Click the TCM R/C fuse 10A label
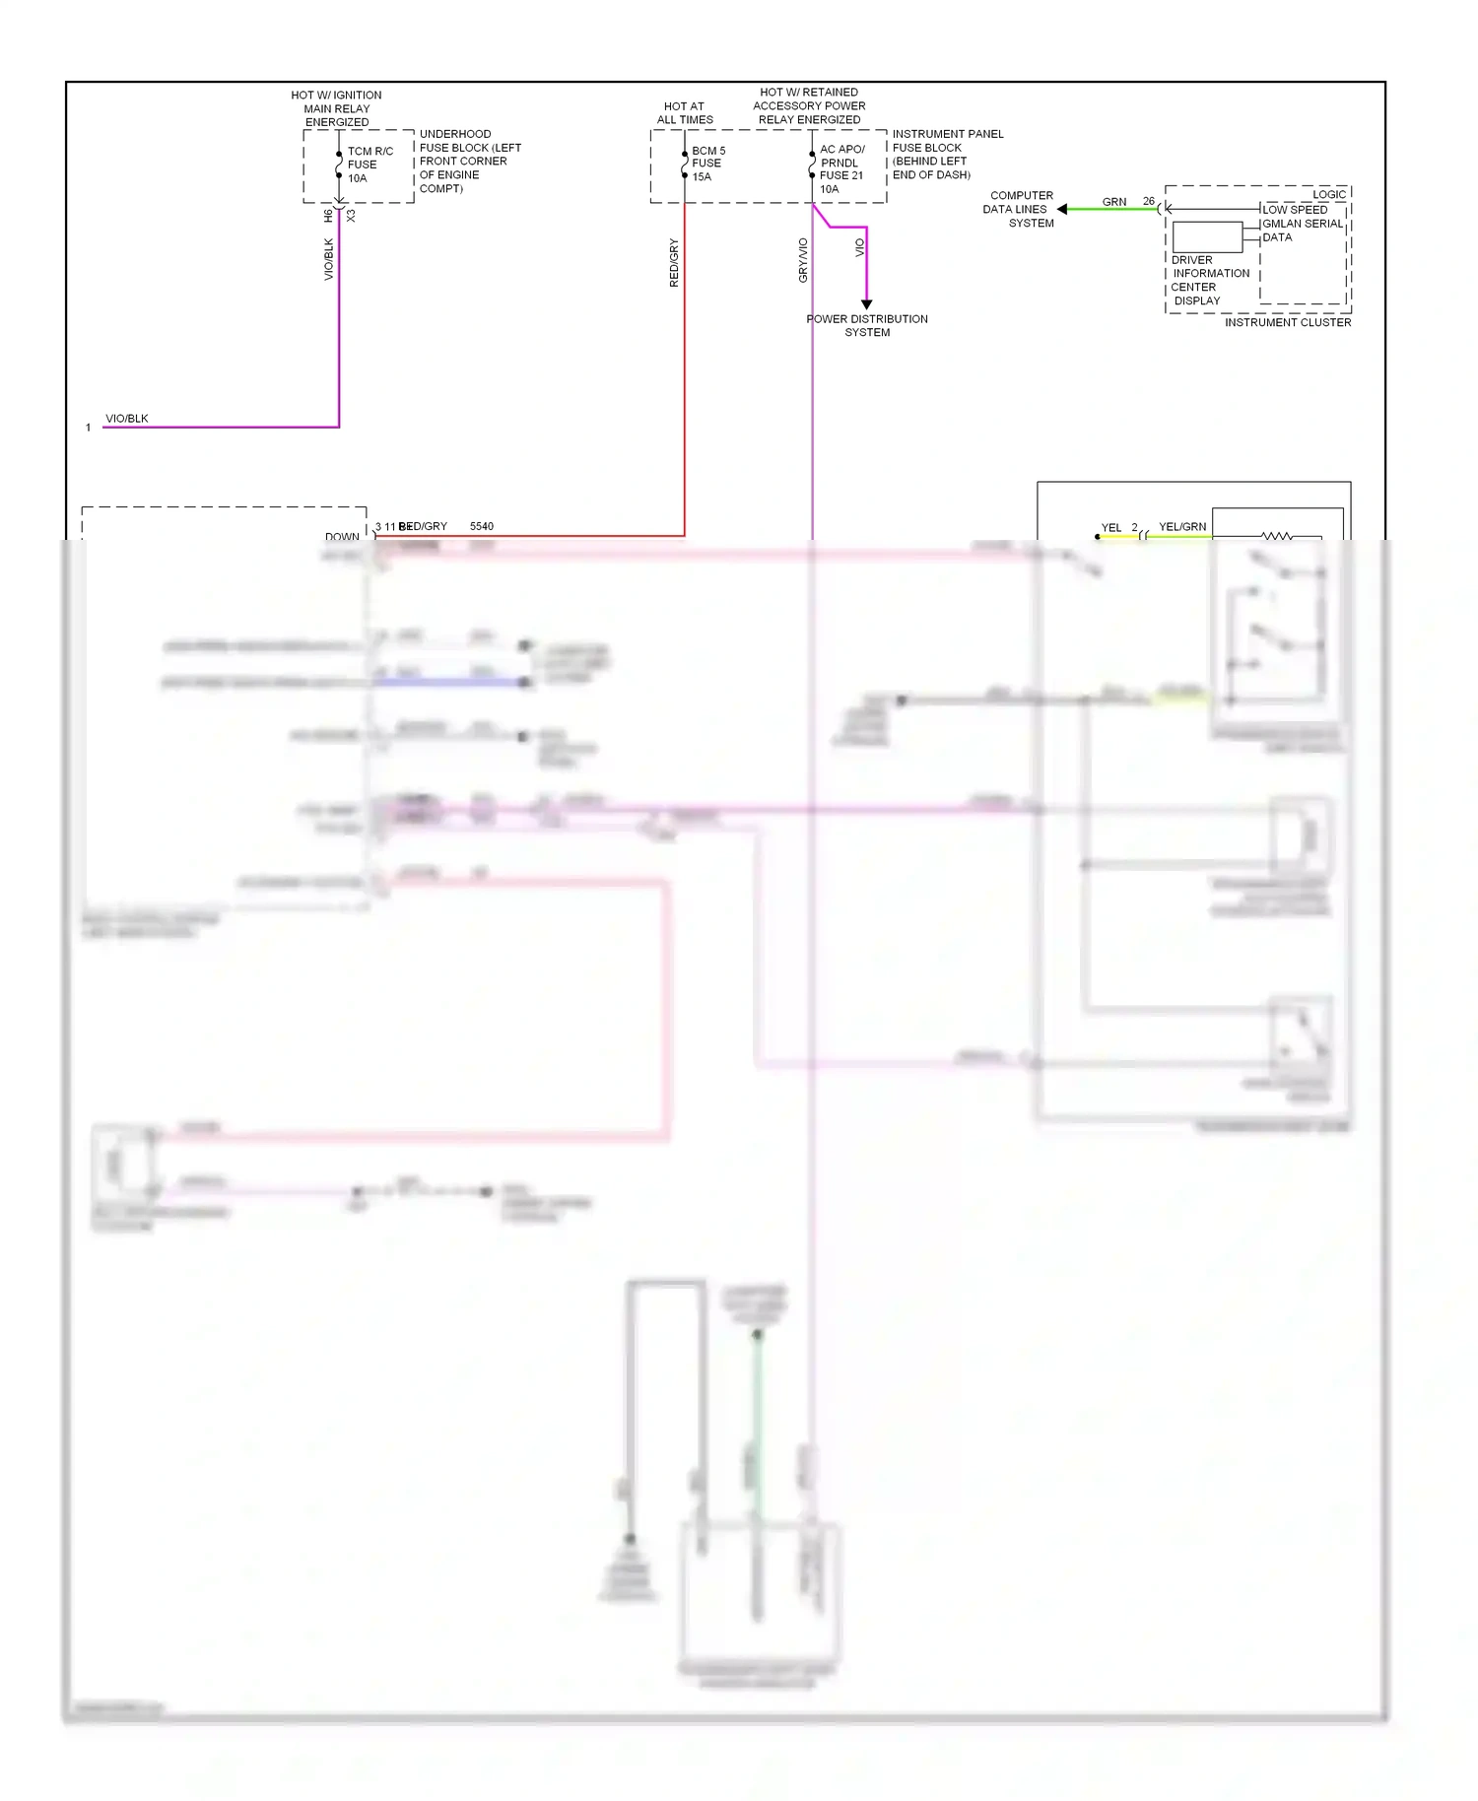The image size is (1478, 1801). click(369, 165)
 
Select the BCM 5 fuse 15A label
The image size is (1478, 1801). click(707, 164)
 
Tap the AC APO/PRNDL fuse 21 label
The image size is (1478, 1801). click(841, 168)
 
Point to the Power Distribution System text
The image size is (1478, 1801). click(867, 325)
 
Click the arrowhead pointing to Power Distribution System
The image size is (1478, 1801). click(867, 304)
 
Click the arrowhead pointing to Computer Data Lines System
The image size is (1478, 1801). click(1062, 209)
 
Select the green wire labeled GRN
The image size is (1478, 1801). click(1114, 208)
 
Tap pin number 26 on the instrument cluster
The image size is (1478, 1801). click(1149, 201)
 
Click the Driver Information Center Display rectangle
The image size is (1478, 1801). click(1207, 237)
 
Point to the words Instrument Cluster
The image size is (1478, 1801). click(1288, 322)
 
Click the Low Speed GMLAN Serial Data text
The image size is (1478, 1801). click(1302, 224)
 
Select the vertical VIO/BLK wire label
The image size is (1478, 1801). click(329, 258)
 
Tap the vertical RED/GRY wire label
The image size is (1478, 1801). click(674, 262)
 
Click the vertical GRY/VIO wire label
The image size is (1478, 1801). click(803, 260)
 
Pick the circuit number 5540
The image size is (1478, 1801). click(482, 526)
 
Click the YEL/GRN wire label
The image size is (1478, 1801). click(1182, 527)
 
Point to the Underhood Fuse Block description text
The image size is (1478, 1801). click(469, 161)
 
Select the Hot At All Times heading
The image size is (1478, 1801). click(685, 112)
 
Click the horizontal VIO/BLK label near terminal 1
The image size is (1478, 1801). click(127, 419)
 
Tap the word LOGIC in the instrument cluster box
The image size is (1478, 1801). click(1328, 194)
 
